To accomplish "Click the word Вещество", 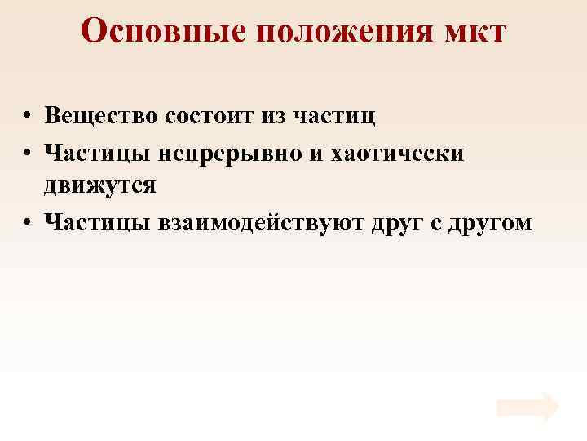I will [x=102, y=115].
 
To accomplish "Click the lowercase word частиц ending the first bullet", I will [x=335, y=116].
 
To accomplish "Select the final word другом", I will [x=492, y=222].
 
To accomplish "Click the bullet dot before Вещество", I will [x=28, y=116].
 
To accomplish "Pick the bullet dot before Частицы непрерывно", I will [x=28, y=152].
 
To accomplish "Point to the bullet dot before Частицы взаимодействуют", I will [x=28, y=222].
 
